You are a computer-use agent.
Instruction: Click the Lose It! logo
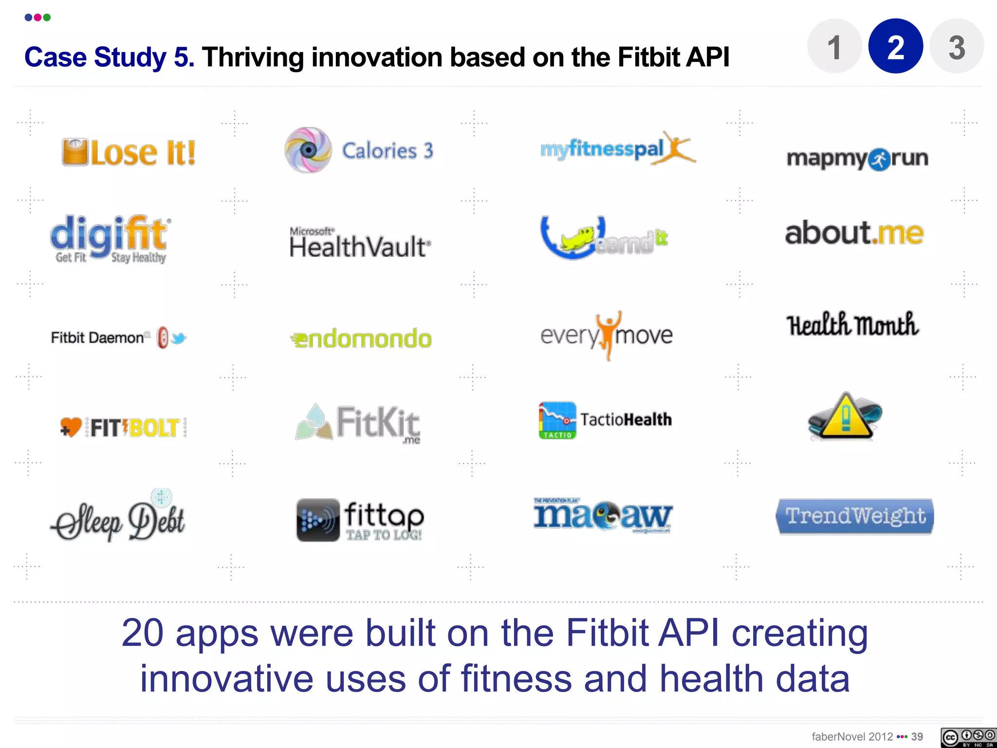coord(129,152)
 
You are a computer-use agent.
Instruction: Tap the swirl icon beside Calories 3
coord(308,150)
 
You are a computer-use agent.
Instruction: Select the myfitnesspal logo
coord(617,149)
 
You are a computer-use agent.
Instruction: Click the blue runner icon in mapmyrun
coord(880,160)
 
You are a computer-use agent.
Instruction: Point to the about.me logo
coord(854,233)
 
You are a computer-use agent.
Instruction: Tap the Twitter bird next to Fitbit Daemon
coord(179,337)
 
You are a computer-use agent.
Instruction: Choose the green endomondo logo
coord(361,338)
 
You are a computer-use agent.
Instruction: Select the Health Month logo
coord(852,325)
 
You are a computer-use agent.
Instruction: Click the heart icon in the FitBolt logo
coord(71,427)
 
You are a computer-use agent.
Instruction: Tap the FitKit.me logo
coord(358,423)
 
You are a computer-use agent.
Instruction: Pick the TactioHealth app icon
coord(557,420)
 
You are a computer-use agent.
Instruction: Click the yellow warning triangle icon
coord(845,417)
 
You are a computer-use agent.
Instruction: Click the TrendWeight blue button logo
coord(855,516)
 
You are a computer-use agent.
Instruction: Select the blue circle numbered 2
coord(896,47)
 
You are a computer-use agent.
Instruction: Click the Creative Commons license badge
coord(967,737)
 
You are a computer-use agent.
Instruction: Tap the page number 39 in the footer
coord(917,737)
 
